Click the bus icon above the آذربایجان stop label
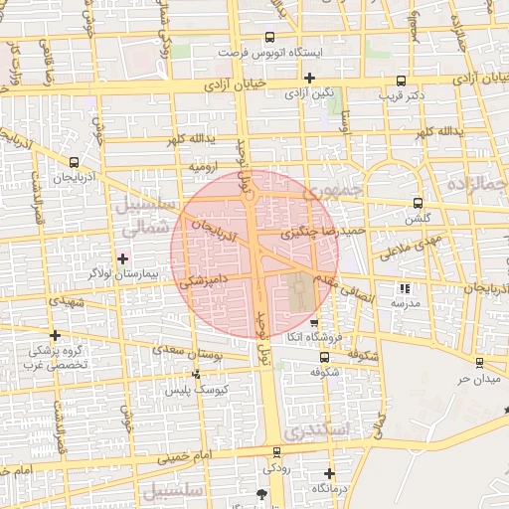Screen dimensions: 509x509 [75, 161]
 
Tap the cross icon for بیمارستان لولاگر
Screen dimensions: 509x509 [122, 258]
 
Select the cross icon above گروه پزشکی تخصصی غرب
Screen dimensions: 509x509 [55, 335]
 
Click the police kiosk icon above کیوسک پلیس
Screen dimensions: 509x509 [196, 375]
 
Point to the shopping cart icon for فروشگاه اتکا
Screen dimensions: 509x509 [314, 324]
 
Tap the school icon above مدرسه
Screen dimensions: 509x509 [405, 288]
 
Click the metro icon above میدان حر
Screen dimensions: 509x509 [479, 363]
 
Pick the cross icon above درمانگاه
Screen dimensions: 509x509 [330, 473]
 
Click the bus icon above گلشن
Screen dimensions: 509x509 [417, 203]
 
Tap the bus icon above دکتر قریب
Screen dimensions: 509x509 [401, 82]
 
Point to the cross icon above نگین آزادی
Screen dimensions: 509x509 [310, 78]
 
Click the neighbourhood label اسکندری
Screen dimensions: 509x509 [313, 430]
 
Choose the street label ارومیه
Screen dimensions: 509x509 [204, 168]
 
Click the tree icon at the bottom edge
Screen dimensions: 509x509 [261, 494]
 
